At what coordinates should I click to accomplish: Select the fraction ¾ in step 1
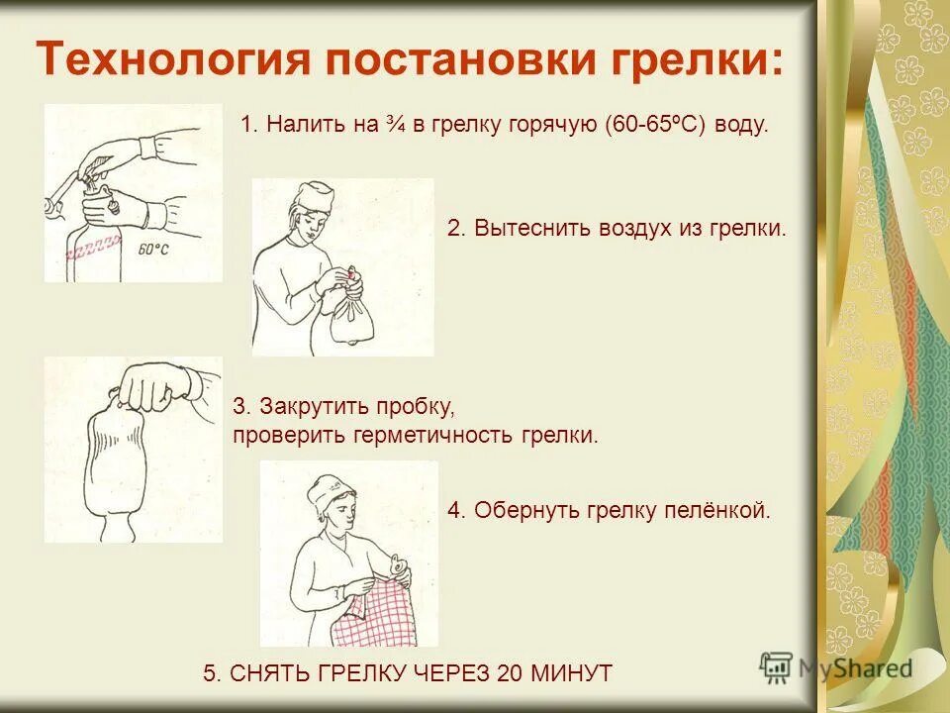[399, 126]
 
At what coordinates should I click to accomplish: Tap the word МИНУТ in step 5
[574, 673]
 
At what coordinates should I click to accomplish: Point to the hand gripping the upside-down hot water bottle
[158, 386]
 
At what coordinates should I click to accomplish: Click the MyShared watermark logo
[836, 668]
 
